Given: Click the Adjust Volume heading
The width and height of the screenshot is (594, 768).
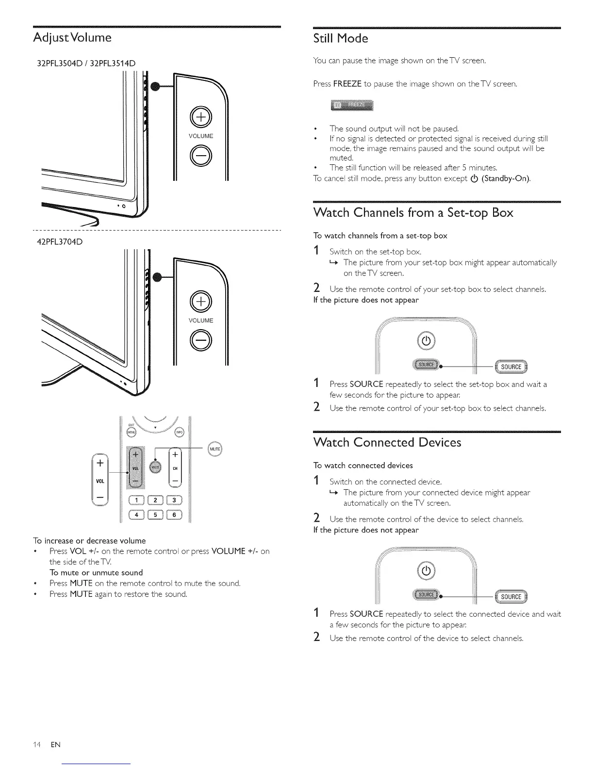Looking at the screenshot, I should (x=72, y=38).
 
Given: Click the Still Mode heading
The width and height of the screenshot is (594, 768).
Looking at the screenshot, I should (x=341, y=38).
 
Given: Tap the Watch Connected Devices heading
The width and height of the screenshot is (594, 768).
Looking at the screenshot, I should (x=387, y=442).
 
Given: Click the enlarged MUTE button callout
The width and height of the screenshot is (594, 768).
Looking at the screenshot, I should (x=215, y=449).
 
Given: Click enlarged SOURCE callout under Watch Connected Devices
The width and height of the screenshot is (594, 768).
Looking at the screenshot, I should (x=511, y=597).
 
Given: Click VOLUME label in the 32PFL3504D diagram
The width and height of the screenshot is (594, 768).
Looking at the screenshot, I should (x=200, y=136).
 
